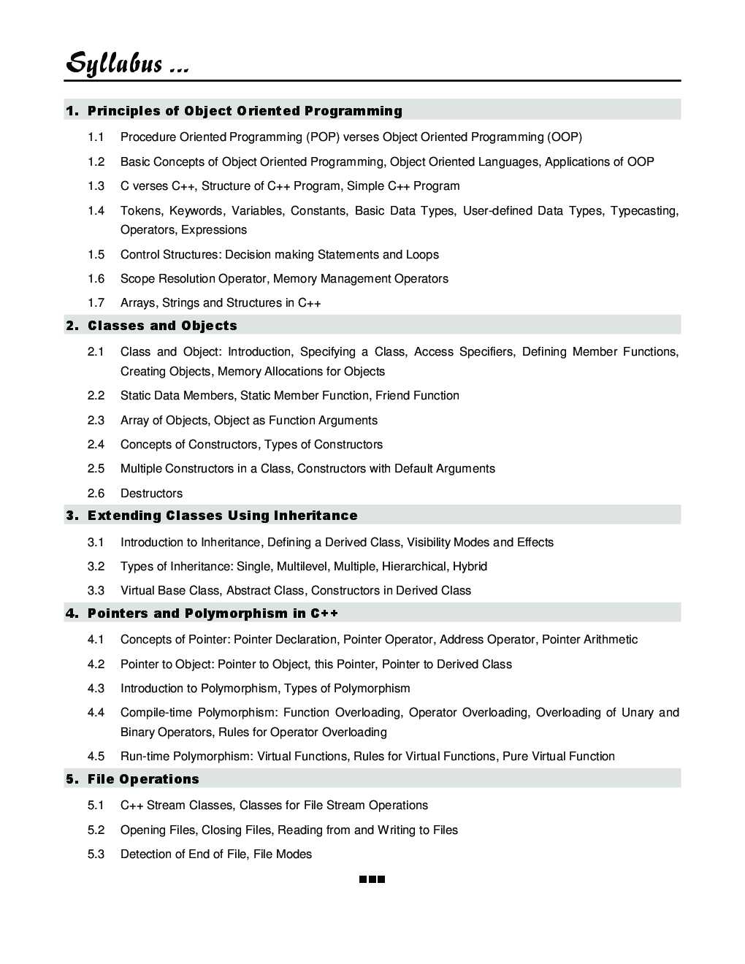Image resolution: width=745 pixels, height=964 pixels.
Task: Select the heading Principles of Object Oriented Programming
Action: coord(245,111)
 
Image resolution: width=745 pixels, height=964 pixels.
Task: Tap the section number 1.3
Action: coord(96,186)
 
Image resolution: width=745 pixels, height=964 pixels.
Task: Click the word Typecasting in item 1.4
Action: coord(643,211)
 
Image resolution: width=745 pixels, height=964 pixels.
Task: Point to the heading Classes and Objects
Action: coord(162,326)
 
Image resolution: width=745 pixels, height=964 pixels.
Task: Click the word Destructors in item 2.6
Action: coord(151,494)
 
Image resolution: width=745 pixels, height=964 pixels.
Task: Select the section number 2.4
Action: coord(96,445)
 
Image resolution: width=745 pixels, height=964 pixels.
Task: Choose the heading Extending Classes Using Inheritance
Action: coord(222,516)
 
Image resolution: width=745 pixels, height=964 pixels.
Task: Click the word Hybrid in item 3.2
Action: coord(470,567)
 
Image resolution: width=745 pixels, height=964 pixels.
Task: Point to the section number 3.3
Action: coord(96,591)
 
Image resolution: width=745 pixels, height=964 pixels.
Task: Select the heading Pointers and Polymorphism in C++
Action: coord(213,613)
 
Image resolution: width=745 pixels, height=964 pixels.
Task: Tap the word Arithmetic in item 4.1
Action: coord(611,640)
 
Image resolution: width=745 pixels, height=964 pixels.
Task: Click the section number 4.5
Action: coord(96,757)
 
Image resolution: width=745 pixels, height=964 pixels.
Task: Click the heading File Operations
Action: coord(143,779)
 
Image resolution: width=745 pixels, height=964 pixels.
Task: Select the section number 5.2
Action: coord(96,830)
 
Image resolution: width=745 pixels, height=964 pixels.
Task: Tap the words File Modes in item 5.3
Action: coord(283,854)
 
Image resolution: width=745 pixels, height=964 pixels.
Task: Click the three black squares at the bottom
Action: coord(372,880)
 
